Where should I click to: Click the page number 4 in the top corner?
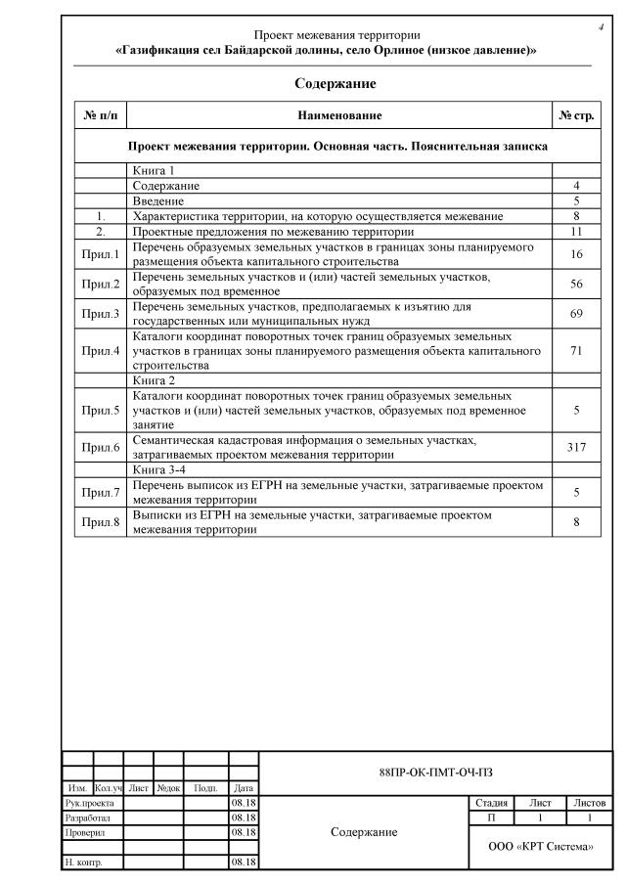tap(600, 26)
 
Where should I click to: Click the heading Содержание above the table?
tap(335, 84)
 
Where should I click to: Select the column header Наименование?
tap(339, 116)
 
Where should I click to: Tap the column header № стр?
tap(576, 116)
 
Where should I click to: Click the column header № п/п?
tap(101, 116)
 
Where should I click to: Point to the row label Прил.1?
tap(101, 255)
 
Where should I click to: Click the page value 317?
tap(576, 447)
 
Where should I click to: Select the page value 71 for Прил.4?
tap(576, 350)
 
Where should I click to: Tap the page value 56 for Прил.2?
tap(576, 285)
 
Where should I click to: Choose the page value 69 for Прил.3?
tap(576, 314)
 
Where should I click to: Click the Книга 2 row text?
tap(154, 379)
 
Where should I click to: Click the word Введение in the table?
tap(158, 200)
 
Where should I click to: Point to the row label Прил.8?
tap(101, 522)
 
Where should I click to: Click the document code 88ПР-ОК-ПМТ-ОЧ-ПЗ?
tap(435, 773)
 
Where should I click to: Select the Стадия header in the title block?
tap(491, 803)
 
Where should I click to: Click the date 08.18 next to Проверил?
tap(244, 832)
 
